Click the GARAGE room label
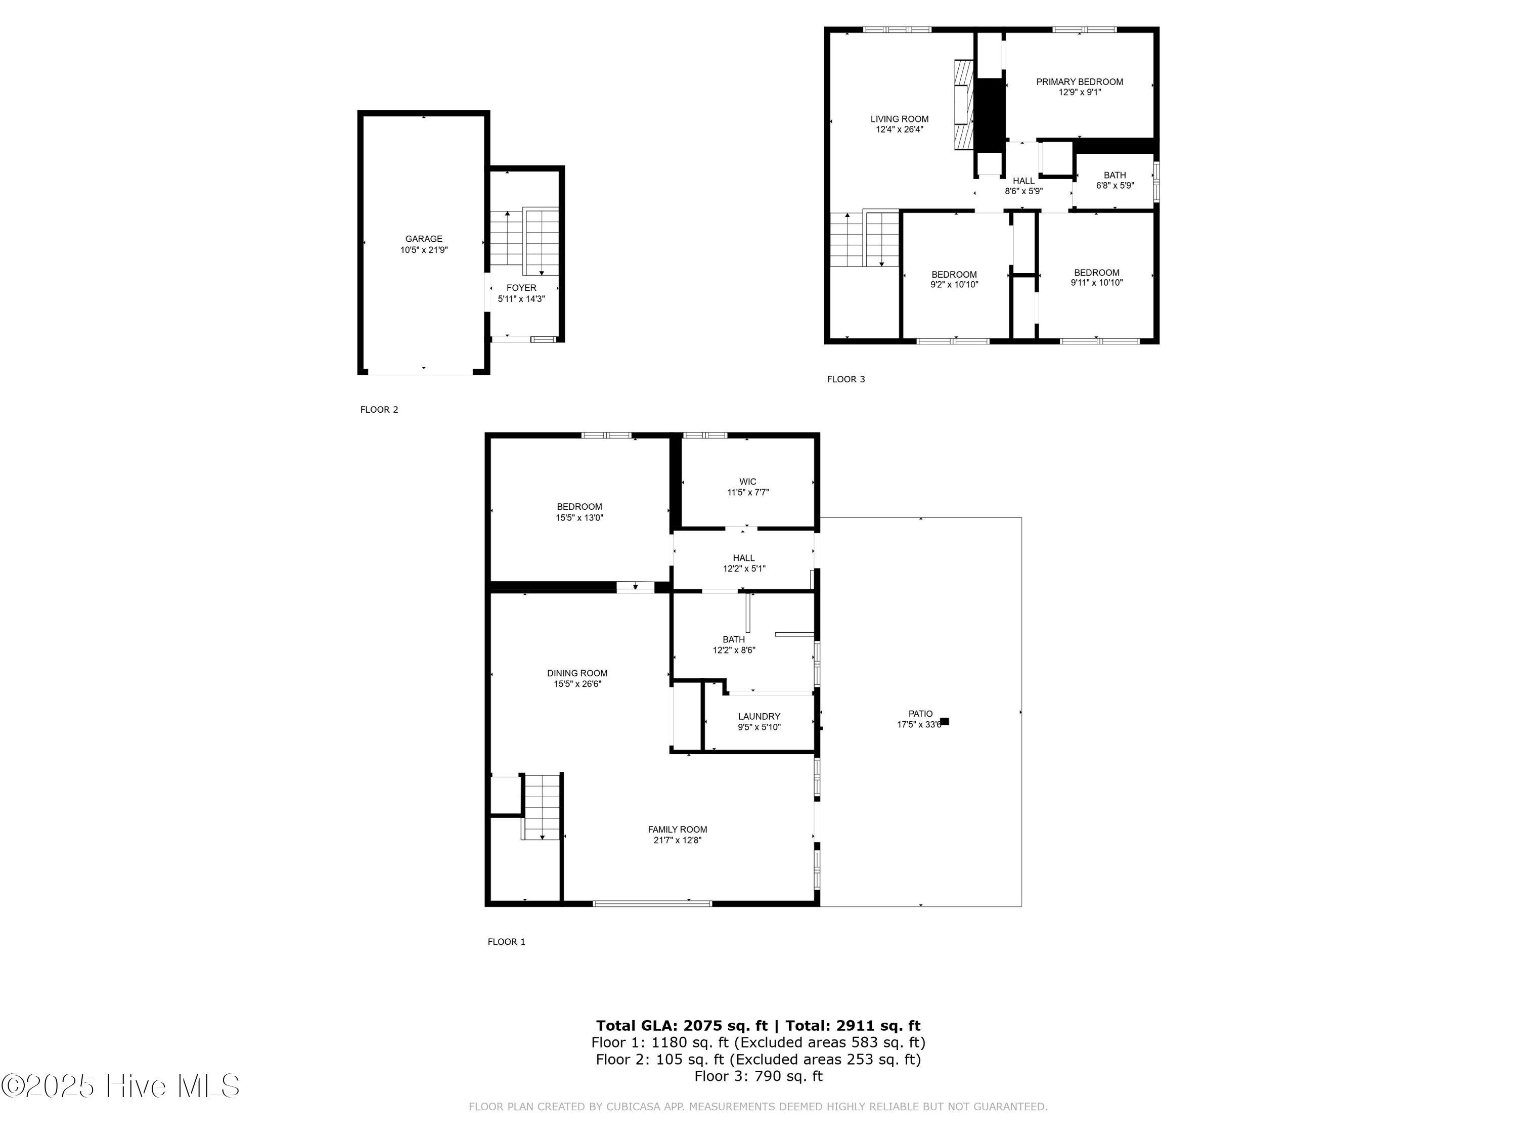424,239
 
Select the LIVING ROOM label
900,119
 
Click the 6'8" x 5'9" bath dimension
1115,185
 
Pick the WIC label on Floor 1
747,482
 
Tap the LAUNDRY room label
759,717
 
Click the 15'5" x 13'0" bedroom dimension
579,518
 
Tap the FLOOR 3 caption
846,379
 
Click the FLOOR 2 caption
379,410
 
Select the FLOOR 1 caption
507,942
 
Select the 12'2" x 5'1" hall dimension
744,568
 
